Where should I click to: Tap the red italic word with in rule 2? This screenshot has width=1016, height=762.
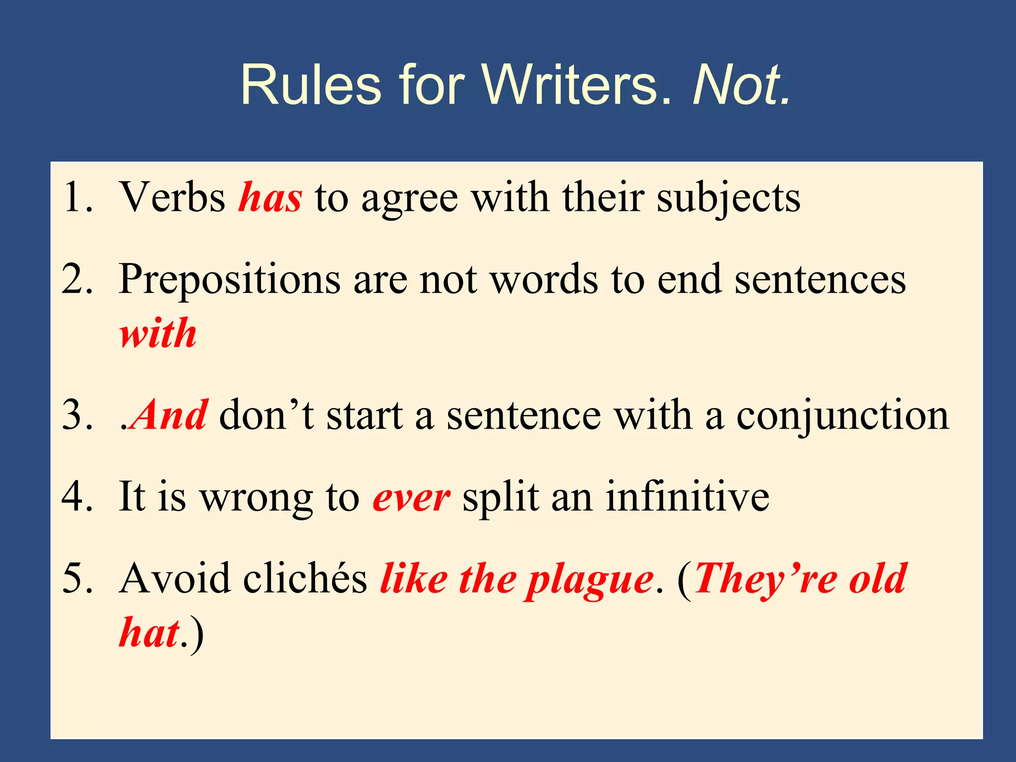(158, 333)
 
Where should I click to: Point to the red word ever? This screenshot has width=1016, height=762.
(411, 498)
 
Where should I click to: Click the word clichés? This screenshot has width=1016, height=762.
(305, 578)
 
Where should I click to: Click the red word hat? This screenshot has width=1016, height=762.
(149, 633)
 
